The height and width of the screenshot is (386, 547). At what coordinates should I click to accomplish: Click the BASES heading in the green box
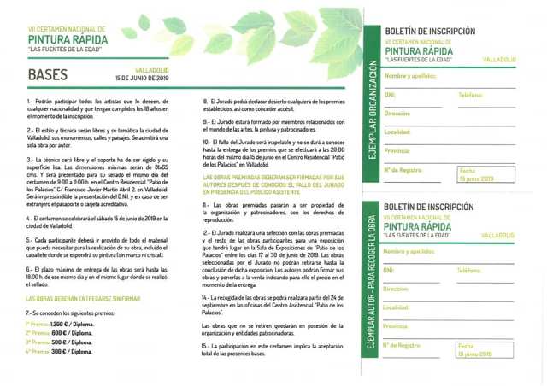(x=48, y=74)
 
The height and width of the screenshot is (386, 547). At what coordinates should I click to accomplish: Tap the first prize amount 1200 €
(x=60, y=324)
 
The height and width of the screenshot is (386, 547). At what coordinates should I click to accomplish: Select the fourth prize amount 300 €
(x=60, y=351)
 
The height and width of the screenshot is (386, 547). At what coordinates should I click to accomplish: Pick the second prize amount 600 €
(x=59, y=333)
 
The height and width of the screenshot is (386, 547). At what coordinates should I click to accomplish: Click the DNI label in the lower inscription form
(x=390, y=271)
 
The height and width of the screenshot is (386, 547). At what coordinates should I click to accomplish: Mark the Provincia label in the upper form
(x=398, y=150)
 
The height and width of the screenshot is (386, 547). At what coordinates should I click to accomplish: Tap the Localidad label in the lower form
(x=398, y=307)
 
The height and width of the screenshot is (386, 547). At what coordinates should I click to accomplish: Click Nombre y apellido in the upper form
(x=410, y=76)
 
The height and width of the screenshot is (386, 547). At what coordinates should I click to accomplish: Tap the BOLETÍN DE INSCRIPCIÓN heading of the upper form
(x=430, y=31)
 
